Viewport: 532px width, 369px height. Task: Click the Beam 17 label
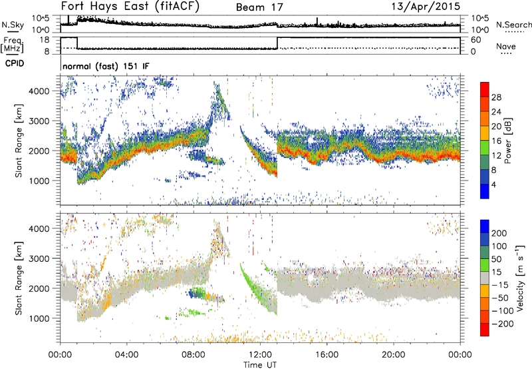(x=260, y=7)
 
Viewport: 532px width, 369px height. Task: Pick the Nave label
(x=506, y=48)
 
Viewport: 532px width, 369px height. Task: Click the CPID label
(x=11, y=65)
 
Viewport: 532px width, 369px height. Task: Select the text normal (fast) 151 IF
(x=101, y=67)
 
